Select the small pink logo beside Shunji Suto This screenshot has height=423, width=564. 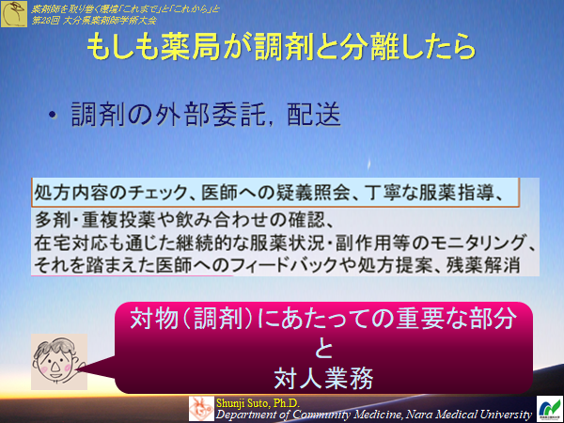[x=201, y=407]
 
